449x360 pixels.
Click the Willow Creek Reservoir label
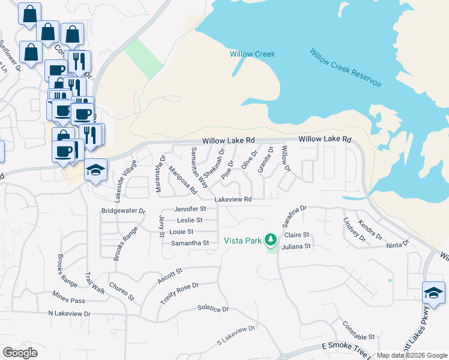(x=346, y=67)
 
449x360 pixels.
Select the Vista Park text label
(x=243, y=241)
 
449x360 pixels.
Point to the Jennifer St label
(x=190, y=209)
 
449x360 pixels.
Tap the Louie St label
(x=181, y=232)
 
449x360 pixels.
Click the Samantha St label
(x=190, y=243)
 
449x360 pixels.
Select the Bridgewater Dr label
(x=124, y=211)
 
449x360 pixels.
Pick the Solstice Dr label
(x=213, y=308)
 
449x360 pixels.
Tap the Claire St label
(x=297, y=235)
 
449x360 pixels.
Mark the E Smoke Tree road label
(x=348, y=347)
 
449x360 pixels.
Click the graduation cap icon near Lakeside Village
(x=95, y=170)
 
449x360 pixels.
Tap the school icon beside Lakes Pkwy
(x=433, y=293)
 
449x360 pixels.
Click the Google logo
(x=20, y=353)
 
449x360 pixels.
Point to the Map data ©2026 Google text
(x=412, y=355)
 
